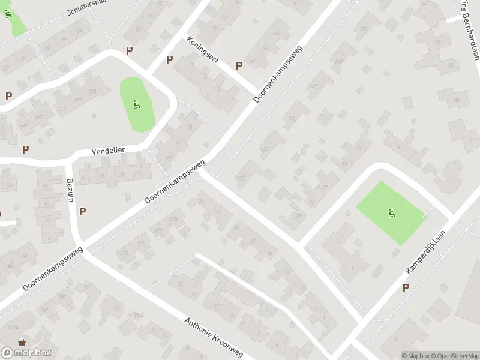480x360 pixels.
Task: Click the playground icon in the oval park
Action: tap(137, 106)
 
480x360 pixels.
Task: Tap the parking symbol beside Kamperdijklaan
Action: tap(406, 288)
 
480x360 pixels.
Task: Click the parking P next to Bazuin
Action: tap(82, 211)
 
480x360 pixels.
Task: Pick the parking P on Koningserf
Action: tap(239, 65)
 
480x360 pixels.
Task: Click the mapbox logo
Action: tap(26, 352)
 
